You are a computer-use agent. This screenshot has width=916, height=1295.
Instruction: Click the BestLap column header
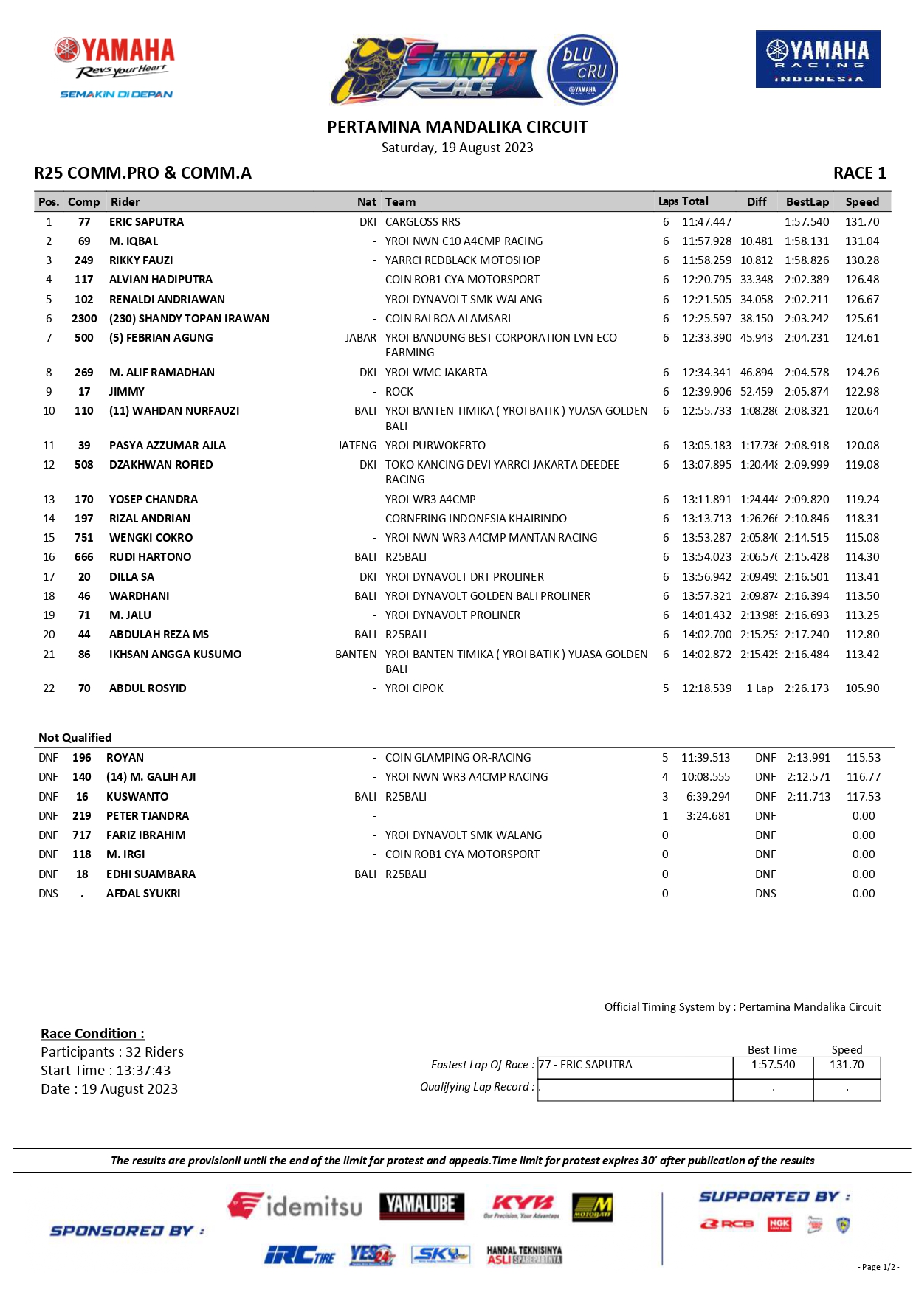point(807,202)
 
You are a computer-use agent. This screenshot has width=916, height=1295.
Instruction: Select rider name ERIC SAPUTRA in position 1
point(146,222)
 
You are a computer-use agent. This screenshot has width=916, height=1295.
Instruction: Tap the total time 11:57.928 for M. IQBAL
point(706,241)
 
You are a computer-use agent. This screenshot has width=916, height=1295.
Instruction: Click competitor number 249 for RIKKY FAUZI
point(84,260)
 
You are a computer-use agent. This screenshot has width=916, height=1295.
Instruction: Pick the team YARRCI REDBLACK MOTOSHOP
point(463,260)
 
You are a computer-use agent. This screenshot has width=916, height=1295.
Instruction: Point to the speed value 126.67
point(862,300)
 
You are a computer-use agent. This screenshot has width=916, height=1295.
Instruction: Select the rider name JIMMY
point(127,392)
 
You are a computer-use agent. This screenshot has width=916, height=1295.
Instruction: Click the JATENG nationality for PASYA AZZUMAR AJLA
point(357,446)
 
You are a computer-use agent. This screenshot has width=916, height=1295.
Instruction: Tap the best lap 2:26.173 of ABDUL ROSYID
point(807,688)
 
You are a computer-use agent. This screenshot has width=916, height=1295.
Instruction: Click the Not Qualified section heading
point(75,738)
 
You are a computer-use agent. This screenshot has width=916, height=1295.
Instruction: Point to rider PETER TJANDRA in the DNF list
point(148,816)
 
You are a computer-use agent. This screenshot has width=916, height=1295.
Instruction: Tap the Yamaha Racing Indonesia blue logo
point(818,59)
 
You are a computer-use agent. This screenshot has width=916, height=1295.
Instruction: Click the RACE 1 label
point(859,173)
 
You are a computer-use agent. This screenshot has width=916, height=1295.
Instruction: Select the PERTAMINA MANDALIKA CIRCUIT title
point(457,128)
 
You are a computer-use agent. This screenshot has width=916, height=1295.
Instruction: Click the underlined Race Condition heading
point(92,1034)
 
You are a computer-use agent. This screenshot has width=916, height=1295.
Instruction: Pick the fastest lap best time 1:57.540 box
point(773,1065)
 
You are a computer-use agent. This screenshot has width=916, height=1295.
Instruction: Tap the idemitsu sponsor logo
point(295,1206)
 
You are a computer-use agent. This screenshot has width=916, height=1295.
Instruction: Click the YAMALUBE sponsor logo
point(422,1205)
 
